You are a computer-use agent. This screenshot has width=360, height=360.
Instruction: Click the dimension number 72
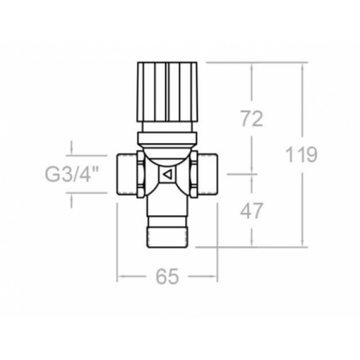[x=251, y=118]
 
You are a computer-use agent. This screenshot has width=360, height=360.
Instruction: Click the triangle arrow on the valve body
[x=167, y=174]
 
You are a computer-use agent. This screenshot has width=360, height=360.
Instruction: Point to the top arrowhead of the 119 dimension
[x=303, y=66]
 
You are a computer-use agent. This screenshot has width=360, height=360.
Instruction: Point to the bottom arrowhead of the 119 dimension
[x=303, y=244]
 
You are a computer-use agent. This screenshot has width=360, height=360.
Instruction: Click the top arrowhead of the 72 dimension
[x=251, y=66]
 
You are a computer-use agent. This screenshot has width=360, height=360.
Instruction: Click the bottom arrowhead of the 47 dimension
[x=251, y=244]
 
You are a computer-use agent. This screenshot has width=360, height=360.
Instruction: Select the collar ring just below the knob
[x=168, y=134]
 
